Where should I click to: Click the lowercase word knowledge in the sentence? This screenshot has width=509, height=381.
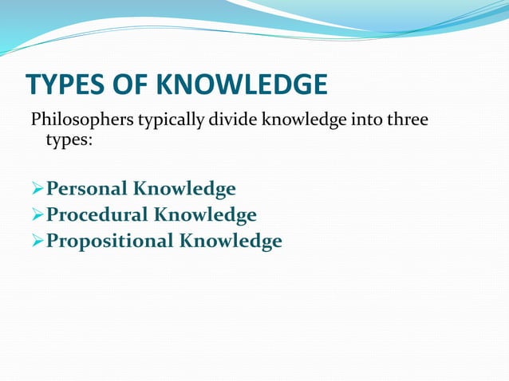click(303, 121)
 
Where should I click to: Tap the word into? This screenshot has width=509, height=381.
click(364, 121)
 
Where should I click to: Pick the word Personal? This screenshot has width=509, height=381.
click(86, 189)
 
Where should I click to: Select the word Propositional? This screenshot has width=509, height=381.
click(109, 240)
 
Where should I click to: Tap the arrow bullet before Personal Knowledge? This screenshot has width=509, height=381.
click(37, 189)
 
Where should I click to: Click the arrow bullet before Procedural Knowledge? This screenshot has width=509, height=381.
click(37, 214)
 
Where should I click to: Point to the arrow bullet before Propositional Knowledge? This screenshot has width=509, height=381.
click(37, 240)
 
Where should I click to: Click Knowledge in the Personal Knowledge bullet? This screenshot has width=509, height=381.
click(184, 189)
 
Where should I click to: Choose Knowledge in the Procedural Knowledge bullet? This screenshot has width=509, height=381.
click(205, 214)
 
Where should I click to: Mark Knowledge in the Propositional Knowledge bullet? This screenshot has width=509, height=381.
click(231, 240)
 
